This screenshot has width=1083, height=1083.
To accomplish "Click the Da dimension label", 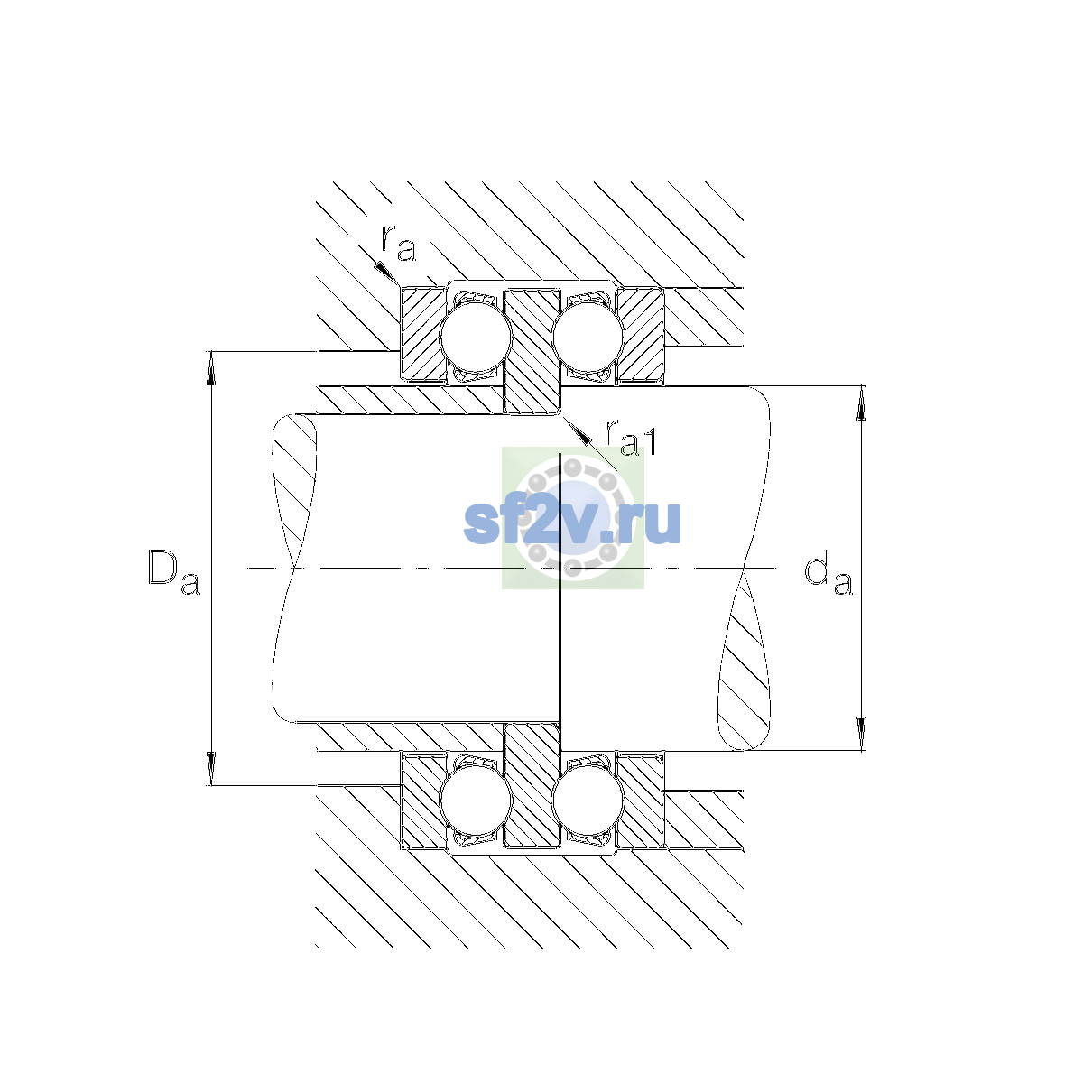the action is click(x=173, y=571).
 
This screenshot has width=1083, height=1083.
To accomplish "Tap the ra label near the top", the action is click(x=399, y=244).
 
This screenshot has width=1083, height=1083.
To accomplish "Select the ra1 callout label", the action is click(x=630, y=437).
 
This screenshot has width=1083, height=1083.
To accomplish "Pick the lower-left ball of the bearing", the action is click(x=476, y=801).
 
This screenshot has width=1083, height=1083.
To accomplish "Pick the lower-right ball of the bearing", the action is click(x=588, y=801).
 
